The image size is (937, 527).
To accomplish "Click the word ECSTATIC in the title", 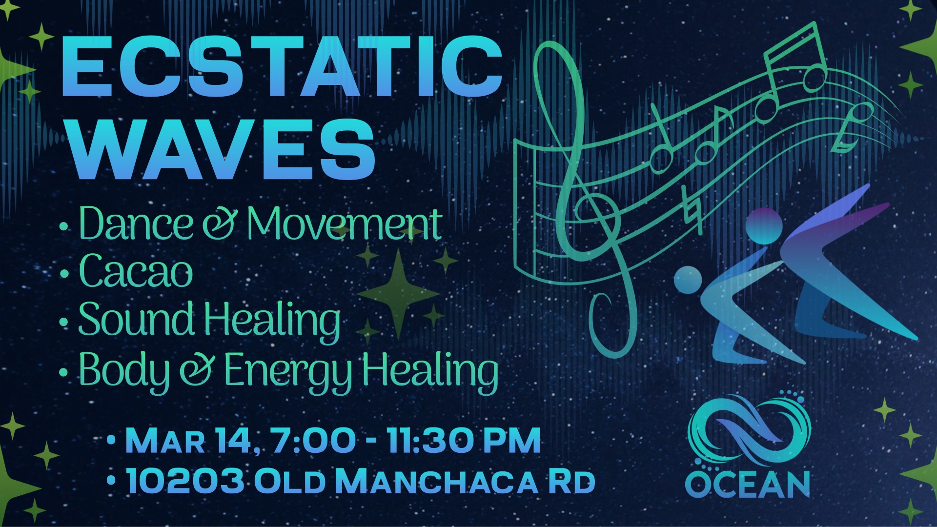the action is (282, 67).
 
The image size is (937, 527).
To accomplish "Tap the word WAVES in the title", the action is (223, 149).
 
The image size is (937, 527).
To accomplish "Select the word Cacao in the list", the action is (136, 271).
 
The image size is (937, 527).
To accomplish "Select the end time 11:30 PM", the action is (464, 440).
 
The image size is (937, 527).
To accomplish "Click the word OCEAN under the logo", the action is (748, 485).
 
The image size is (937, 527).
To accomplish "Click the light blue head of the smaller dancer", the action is (688, 280).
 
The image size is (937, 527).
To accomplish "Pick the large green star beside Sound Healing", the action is (398, 294).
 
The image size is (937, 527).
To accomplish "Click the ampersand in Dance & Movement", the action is (220, 223).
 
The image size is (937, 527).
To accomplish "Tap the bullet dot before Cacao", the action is (64, 274).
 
